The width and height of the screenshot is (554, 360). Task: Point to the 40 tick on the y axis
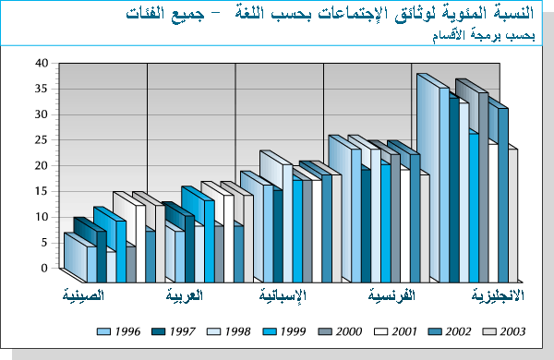pos(41,64)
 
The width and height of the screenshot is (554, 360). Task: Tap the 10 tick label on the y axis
pos(41,217)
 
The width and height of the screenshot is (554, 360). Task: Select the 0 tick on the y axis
pos(43,268)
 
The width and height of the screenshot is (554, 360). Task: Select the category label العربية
pos(184,296)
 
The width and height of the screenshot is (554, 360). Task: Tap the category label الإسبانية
pos(283,296)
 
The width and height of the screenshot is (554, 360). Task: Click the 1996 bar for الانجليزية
pos(428,175)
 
